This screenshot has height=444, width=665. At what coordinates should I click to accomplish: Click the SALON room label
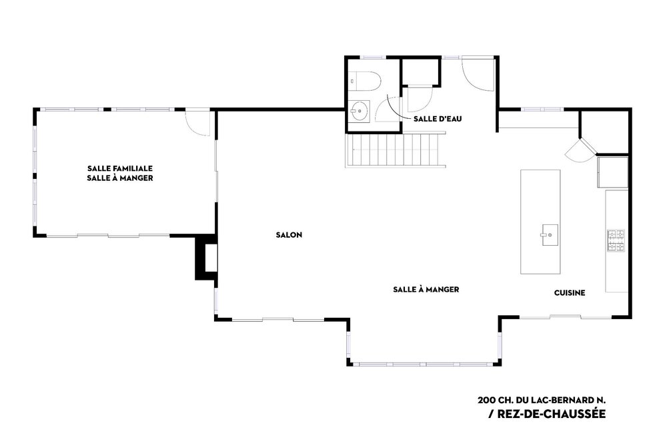click(x=289, y=235)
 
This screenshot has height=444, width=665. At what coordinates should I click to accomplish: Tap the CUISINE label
click(x=570, y=292)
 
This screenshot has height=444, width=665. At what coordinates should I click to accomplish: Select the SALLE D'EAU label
click(x=438, y=119)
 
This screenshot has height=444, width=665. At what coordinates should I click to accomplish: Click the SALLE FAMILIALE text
click(x=120, y=168)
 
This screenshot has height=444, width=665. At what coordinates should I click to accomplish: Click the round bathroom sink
click(x=360, y=112)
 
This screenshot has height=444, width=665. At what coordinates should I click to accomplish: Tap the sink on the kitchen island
click(x=550, y=234)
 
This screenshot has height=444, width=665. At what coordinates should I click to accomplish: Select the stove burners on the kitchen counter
click(x=616, y=240)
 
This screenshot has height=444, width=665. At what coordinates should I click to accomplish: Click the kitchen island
click(x=540, y=222)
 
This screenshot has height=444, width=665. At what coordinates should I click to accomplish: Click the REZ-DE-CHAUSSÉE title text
click(x=551, y=413)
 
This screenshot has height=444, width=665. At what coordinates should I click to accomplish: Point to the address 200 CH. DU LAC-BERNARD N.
click(x=542, y=400)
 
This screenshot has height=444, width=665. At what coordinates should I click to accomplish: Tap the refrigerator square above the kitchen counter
click(x=612, y=172)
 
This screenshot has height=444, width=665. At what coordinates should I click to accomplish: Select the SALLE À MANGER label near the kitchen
click(x=426, y=290)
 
